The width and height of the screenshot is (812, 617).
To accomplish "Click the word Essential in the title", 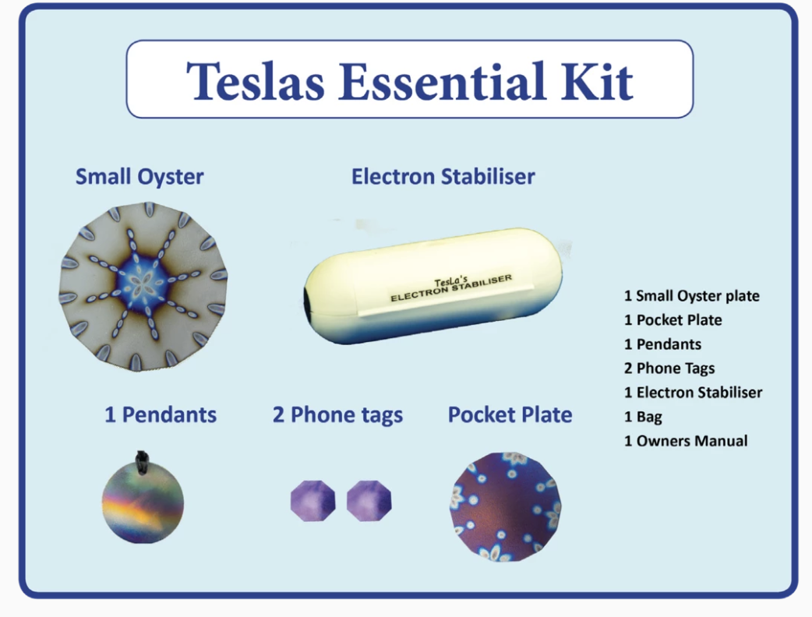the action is pyautogui.click(x=442, y=81).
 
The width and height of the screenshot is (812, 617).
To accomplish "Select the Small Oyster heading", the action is pyautogui.click(x=139, y=178).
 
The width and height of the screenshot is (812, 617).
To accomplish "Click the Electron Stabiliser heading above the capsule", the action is pyautogui.click(x=443, y=177).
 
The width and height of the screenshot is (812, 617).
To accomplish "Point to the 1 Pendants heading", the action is pyautogui.click(x=161, y=414).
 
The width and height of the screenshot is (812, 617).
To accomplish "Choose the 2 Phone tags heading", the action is pyautogui.click(x=337, y=415).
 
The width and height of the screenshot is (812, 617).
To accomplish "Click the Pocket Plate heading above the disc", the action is pyautogui.click(x=510, y=414).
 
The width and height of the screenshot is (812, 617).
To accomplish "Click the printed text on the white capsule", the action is pyautogui.click(x=451, y=287).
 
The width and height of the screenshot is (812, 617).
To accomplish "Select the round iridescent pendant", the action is pyautogui.click(x=143, y=501).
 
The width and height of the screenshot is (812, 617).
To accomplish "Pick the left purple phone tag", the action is pyautogui.click(x=312, y=501).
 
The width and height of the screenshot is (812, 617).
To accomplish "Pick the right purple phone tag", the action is pyautogui.click(x=369, y=501).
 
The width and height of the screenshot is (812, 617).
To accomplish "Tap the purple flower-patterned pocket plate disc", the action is pyautogui.click(x=506, y=506).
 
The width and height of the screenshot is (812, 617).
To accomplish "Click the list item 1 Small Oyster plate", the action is pyautogui.click(x=692, y=296).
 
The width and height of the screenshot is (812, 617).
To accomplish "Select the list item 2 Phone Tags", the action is pyautogui.click(x=669, y=368).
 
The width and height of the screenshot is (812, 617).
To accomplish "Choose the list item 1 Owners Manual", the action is pyautogui.click(x=686, y=441).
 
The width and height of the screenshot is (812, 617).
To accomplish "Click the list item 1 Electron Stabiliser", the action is pyautogui.click(x=693, y=393).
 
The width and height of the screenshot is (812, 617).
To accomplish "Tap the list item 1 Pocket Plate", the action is pyautogui.click(x=673, y=320).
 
